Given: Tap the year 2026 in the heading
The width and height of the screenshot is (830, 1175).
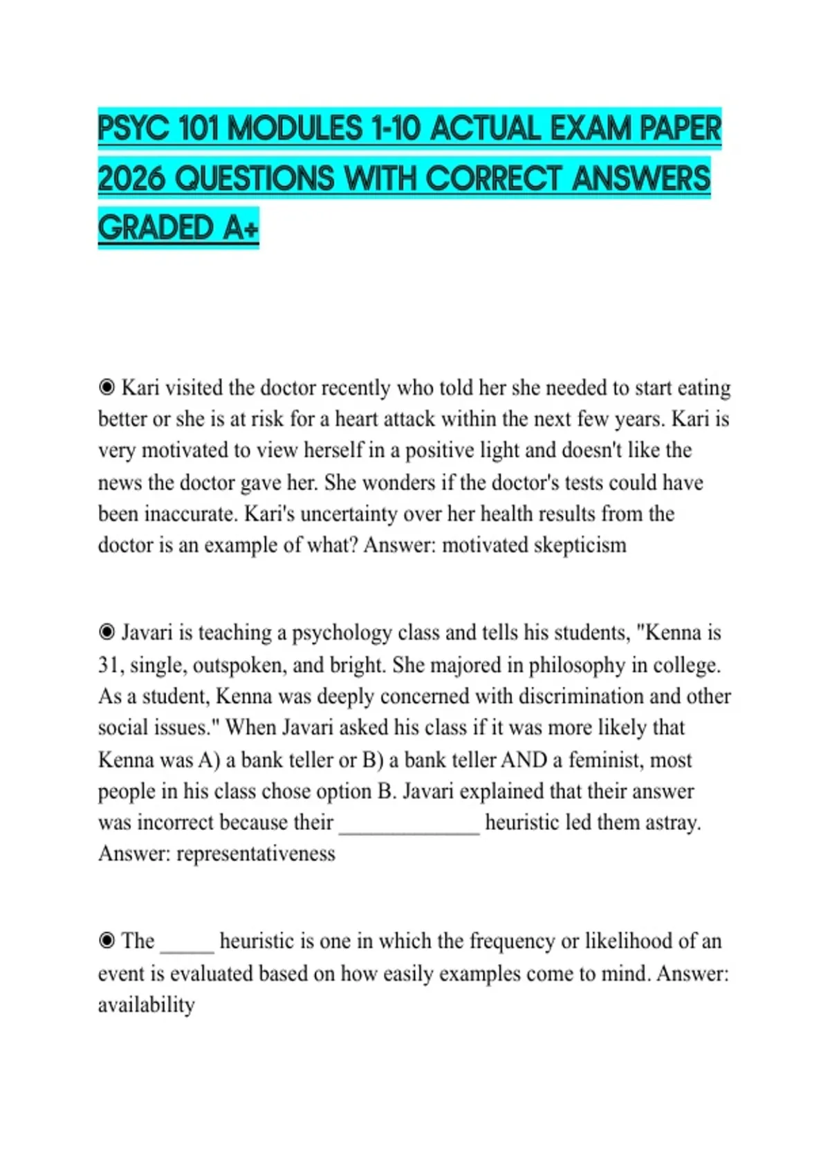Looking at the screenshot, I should click(x=131, y=179).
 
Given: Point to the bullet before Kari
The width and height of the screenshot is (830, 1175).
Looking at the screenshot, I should click(x=107, y=387).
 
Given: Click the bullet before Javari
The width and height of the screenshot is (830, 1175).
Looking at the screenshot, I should click(x=107, y=632).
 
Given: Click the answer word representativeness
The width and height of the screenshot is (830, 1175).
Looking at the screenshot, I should click(x=255, y=853).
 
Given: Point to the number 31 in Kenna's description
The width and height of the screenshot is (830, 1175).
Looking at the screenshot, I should click(x=108, y=664).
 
